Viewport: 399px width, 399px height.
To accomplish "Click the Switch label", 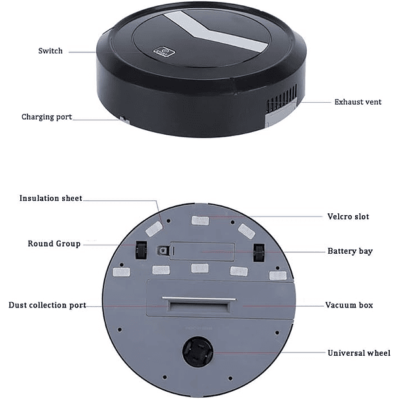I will coord(50,51).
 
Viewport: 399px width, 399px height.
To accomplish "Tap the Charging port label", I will coord(46,117).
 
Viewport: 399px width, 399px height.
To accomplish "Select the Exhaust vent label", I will coord(358,102).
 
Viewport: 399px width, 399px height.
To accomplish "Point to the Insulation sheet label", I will coord(50,198).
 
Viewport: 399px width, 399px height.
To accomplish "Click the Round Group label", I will coord(54,244).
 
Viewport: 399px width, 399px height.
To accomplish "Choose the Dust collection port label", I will coord(47,305).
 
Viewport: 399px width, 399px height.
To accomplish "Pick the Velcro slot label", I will coord(348,217).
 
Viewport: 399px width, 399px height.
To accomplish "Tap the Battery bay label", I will coord(350,251).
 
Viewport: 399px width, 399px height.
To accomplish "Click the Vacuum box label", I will coord(349,305).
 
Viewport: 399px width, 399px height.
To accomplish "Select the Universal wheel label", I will coord(358,353).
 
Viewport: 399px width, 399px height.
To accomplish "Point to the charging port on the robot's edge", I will coord(122,120).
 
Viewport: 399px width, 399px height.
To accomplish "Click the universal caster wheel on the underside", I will coord(198,351).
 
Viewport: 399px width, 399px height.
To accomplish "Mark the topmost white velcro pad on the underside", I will coord(200,220).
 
